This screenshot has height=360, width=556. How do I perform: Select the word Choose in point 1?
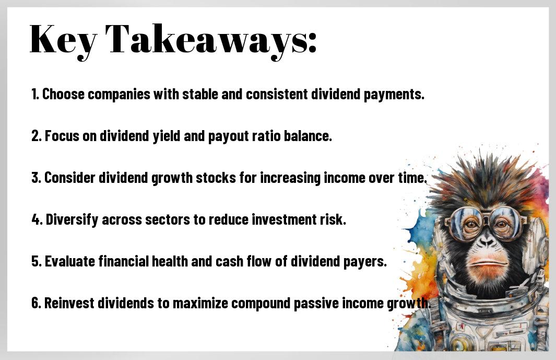tap(64, 94)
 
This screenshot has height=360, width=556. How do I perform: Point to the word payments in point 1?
tap(394, 95)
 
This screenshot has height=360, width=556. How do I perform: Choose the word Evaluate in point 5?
tap(70, 261)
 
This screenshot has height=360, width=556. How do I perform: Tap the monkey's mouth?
tap(487, 264)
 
